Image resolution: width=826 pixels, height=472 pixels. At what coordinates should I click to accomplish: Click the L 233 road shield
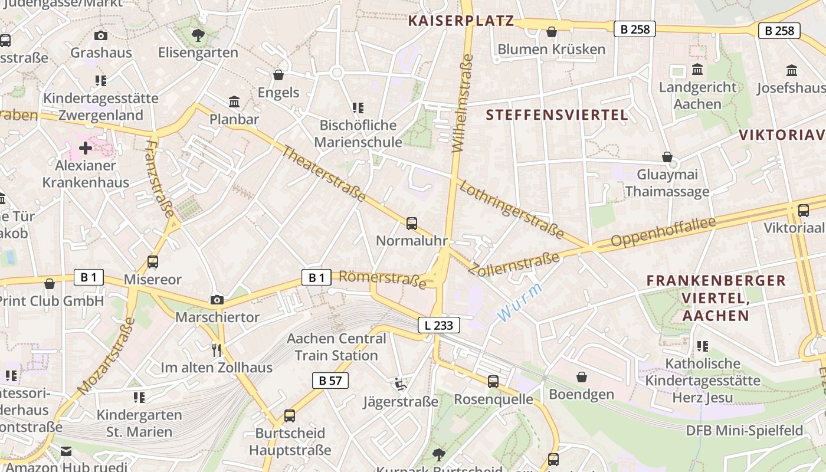(439, 324)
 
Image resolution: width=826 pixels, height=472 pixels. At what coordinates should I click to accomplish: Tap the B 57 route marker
(330, 381)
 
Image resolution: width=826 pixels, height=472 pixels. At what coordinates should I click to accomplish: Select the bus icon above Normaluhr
(412, 224)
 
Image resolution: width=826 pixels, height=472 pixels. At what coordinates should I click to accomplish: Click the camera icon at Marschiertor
(217, 300)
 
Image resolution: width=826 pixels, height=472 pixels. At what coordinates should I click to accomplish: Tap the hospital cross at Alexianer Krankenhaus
(86, 148)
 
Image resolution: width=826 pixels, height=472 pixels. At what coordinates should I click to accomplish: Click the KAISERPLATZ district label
(461, 21)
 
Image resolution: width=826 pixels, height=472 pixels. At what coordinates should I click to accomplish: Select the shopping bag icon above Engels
(278, 75)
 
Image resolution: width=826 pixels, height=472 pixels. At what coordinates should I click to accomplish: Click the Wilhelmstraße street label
(463, 103)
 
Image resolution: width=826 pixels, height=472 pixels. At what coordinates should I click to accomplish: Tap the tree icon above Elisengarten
(198, 35)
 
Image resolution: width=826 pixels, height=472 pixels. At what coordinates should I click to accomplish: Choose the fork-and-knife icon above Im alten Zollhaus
(217, 350)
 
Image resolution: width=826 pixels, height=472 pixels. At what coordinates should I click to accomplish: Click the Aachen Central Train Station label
(336, 347)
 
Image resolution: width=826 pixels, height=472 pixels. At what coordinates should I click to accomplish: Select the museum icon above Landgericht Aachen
(697, 70)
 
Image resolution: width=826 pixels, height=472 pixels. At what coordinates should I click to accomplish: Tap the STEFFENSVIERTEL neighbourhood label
(557, 114)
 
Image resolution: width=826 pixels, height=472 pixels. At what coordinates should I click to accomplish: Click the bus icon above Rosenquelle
(493, 382)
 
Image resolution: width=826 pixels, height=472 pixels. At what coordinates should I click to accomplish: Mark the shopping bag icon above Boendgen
(582, 376)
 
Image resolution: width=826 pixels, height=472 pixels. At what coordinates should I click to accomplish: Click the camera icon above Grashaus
(101, 35)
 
